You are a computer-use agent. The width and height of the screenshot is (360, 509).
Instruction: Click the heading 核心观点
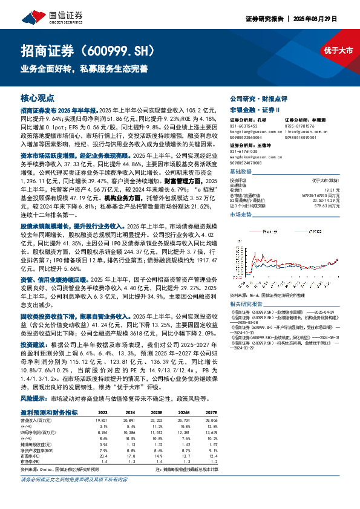[38, 97]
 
